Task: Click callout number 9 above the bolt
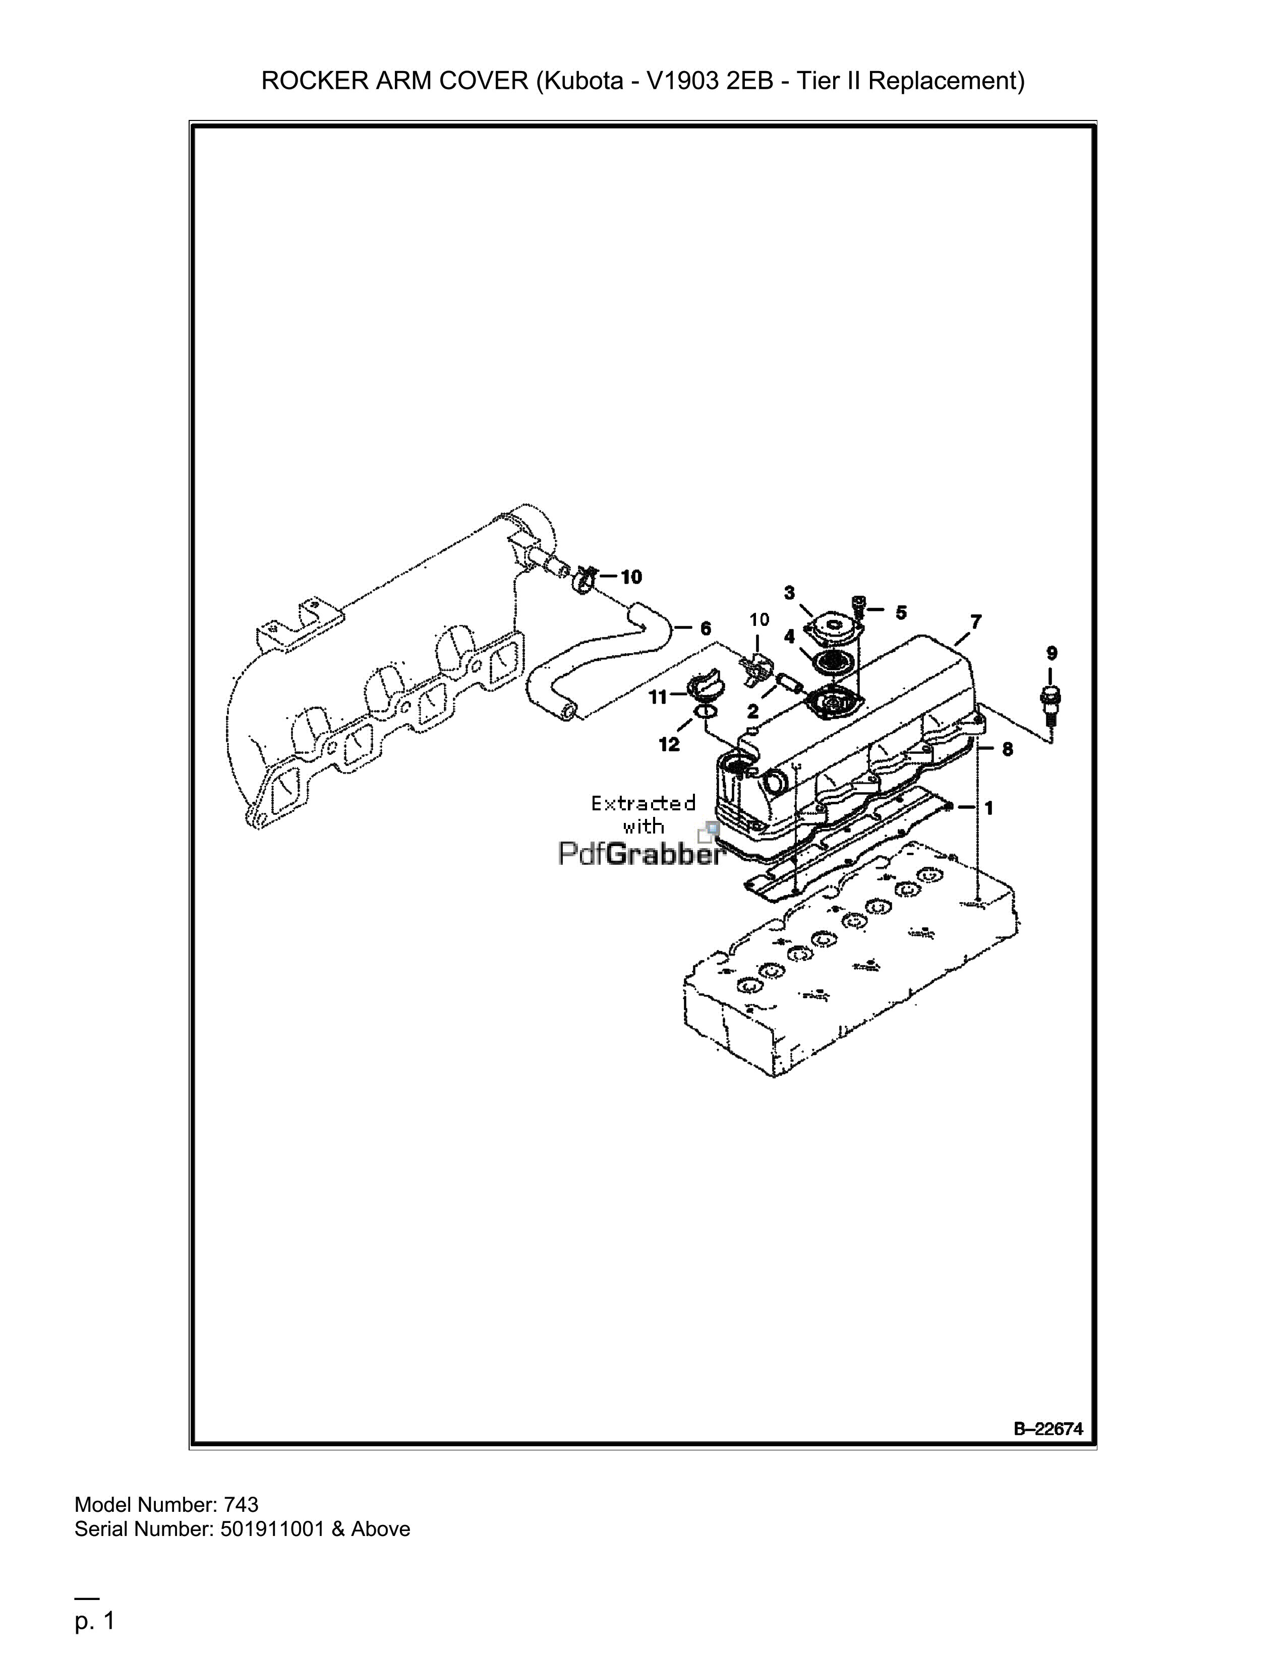click(x=1051, y=653)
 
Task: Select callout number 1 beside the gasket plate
click(x=989, y=808)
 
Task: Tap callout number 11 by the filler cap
click(x=658, y=697)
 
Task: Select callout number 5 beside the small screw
click(x=901, y=612)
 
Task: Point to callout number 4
click(x=790, y=636)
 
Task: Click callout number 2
click(x=753, y=711)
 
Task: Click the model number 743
click(x=242, y=1505)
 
